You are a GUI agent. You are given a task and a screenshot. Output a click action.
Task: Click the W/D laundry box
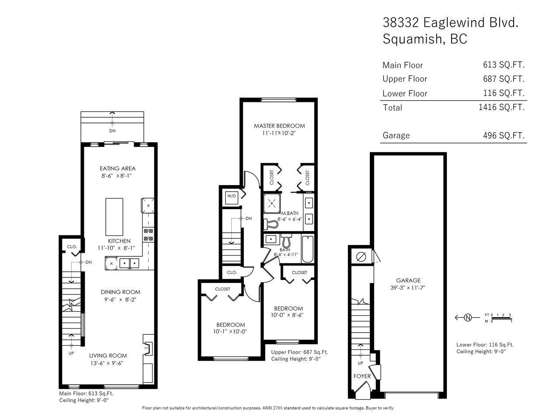231,198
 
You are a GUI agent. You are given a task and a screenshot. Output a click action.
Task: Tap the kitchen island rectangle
114,217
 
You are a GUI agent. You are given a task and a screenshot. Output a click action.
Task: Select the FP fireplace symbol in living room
147,348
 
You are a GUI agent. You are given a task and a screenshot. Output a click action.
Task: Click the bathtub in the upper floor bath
308,249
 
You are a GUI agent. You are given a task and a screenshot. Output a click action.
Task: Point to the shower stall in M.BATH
272,203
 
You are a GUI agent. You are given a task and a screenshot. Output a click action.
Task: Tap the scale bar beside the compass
501,318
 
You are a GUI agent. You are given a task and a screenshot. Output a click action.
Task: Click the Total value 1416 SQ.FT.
501,107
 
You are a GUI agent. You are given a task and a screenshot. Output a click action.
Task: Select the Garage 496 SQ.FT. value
504,136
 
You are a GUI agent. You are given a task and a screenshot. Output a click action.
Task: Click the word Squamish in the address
414,39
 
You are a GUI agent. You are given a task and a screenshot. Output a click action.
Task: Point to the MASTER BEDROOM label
279,126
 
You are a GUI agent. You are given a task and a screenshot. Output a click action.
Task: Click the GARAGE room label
408,280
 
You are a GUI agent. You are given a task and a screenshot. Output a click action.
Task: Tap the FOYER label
362,376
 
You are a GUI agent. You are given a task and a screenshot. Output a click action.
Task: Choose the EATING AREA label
118,168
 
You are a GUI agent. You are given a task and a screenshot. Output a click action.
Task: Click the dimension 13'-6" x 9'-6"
107,363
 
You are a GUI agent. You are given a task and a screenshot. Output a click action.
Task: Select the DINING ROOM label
120,292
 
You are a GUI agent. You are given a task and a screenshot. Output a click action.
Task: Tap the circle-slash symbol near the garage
361,256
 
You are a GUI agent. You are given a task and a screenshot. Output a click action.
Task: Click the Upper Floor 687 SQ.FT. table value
504,79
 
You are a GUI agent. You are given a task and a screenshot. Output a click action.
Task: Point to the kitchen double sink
129,263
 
